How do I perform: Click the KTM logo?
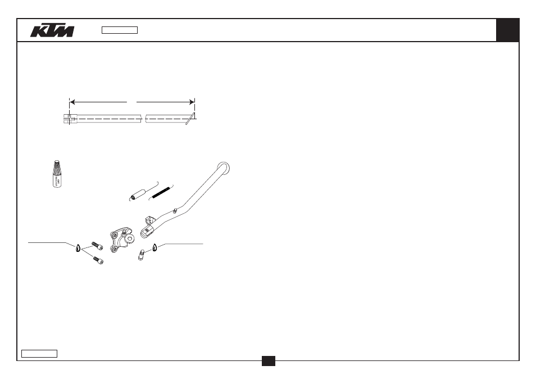click(52, 30)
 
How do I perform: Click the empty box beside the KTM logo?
click(120, 30)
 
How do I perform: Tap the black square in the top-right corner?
click(508, 30)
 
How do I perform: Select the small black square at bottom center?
click(269, 361)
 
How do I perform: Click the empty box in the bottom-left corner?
click(39, 354)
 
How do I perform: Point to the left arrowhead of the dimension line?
click(72, 102)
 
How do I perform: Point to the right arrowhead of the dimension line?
click(192, 102)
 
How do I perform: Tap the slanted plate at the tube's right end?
click(190, 119)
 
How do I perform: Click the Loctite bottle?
click(58, 174)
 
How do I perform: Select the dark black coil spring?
click(161, 192)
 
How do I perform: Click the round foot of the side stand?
click(223, 168)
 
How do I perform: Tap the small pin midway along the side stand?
click(175, 211)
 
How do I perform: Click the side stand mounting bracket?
click(122, 238)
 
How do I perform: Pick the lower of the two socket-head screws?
click(98, 260)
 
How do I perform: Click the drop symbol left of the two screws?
click(78, 248)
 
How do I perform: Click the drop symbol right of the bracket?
click(155, 247)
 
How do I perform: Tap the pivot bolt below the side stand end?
click(141, 255)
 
